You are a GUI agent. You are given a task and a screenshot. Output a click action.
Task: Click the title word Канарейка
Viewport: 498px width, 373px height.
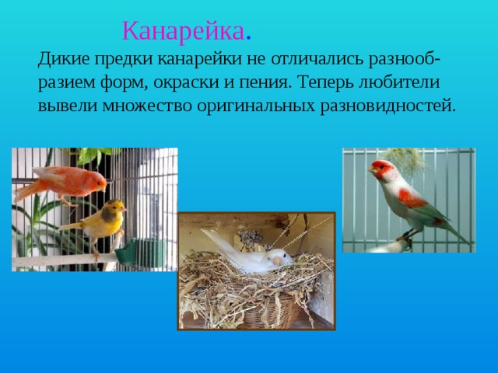point(184,32)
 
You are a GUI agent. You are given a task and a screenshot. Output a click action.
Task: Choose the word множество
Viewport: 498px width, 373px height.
point(142,105)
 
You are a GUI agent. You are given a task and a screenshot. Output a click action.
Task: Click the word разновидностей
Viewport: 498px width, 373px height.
point(387,105)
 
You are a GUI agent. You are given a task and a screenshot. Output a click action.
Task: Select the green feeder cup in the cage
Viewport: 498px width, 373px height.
point(128,253)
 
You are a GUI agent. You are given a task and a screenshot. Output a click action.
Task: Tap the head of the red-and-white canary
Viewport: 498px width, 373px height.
point(381,169)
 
